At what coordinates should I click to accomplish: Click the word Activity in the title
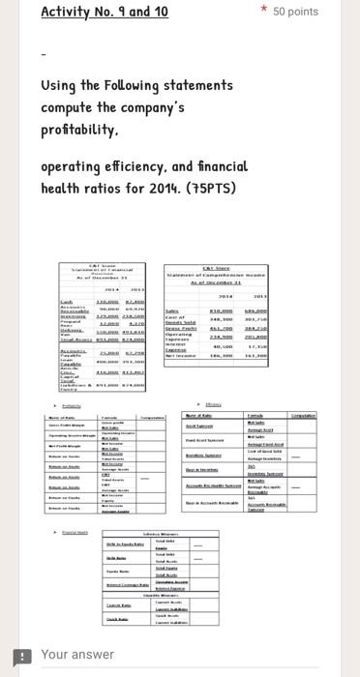[x=68, y=12]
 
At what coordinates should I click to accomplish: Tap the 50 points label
[x=295, y=12]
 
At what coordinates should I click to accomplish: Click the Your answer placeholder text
[x=77, y=655]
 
